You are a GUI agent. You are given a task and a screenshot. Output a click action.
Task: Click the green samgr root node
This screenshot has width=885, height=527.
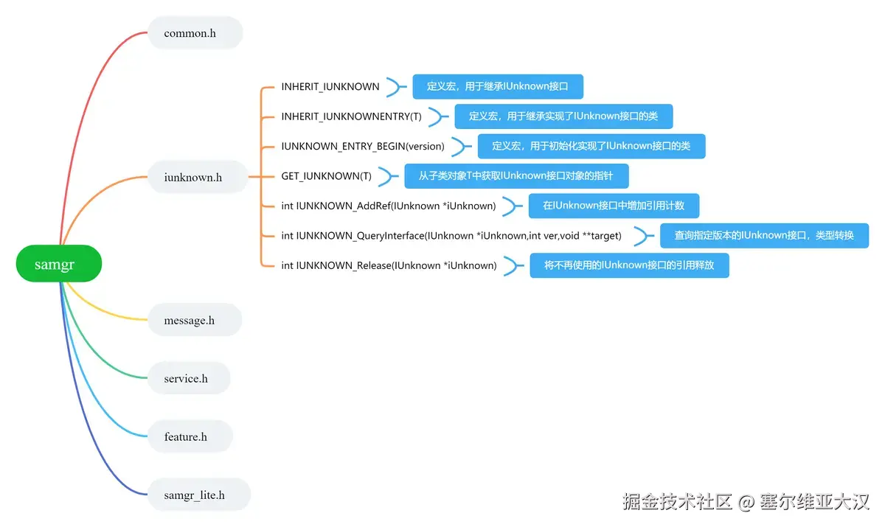click(x=58, y=264)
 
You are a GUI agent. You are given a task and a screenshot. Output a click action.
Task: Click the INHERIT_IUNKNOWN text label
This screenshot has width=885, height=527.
click(x=330, y=86)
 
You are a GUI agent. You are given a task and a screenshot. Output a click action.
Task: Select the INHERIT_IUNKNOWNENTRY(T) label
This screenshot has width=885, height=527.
click(x=351, y=116)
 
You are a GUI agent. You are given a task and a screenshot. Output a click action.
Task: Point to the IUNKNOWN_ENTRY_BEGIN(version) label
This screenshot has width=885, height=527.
click(x=363, y=146)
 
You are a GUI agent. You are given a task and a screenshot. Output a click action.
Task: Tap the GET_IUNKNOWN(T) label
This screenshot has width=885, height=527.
click(x=326, y=176)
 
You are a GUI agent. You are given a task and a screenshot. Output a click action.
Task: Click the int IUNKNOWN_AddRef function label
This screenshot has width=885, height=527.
click(x=389, y=206)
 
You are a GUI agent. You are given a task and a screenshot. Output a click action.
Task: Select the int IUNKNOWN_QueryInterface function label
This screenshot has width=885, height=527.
click(x=451, y=236)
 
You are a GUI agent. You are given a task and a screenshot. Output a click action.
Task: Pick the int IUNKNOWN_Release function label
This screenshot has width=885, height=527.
click(x=389, y=265)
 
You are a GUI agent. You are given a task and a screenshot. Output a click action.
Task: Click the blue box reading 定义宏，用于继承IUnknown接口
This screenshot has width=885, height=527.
click(x=498, y=86)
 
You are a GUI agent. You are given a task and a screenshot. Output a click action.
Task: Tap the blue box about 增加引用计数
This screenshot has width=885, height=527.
click(x=614, y=206)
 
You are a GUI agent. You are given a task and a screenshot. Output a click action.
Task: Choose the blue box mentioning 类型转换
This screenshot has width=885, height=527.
click(x=764, y=236)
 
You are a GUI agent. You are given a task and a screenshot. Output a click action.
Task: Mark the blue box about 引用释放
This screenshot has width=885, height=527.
click(x=629, y=265)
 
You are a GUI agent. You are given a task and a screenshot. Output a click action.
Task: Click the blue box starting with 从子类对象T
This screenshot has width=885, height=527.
click(x=516, y=176)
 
